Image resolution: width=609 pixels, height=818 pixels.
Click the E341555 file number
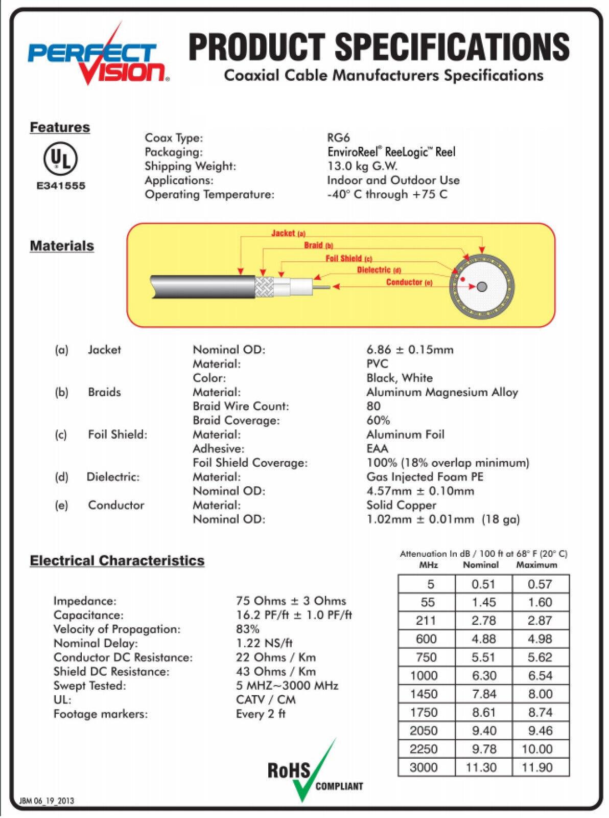(x=61, y=186)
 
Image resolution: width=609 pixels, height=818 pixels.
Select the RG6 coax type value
(x=338, y=138)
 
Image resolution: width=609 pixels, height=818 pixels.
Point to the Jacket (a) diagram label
(x=288, y=233)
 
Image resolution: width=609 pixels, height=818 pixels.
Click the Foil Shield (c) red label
(x=349, y=258)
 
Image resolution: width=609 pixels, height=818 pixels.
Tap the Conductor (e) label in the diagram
(x=409, y=282)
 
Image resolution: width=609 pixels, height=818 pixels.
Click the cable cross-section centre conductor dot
(x=481, y=286)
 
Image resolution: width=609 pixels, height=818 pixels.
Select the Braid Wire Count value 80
(x=373, y=406)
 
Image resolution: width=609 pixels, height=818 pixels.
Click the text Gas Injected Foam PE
(x=425, y=476)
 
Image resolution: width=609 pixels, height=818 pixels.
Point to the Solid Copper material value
(x=401, y=505)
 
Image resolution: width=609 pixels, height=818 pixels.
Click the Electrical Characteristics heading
(x=117, y=560)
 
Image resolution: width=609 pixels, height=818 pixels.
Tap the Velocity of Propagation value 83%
(x=248, y=629)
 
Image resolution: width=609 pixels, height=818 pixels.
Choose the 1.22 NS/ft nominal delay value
(x=264, y=643)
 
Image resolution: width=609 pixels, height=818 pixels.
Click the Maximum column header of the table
(x=536, y=565)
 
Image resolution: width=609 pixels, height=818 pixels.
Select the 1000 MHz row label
(x=424, y=675)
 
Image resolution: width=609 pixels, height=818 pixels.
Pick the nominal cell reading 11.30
(x=481, y=767)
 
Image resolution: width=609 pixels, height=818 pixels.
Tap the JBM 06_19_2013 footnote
(x=46, y=801)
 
